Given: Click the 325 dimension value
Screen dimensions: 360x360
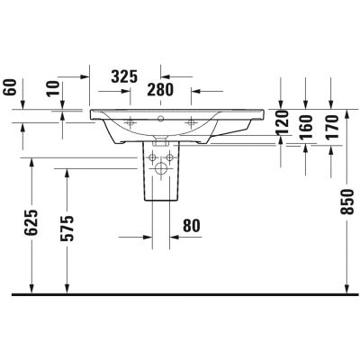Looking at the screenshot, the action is pyautogui.click(x=124, y=76).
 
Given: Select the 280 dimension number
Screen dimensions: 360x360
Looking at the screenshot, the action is pyautogui.click(x=160, y=90).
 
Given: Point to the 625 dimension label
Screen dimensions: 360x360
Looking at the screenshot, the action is pyautogui.click(x=31, y=222).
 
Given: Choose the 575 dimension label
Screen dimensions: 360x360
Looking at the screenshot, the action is pyautogui.click(x=67, y=229).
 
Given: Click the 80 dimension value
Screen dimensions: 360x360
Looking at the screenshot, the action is pyautogui.click(x=192, y=226).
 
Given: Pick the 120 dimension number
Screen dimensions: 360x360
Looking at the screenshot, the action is pyautogui.click(x=282, y=122).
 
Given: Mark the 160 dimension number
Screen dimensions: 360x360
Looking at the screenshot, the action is pyautogui.click(x=306, y=127).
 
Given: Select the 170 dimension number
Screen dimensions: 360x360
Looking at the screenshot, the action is pyautogui.click(x=331, y=127).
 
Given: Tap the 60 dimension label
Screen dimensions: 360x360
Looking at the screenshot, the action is pyautogui.click(x=10, y=87).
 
